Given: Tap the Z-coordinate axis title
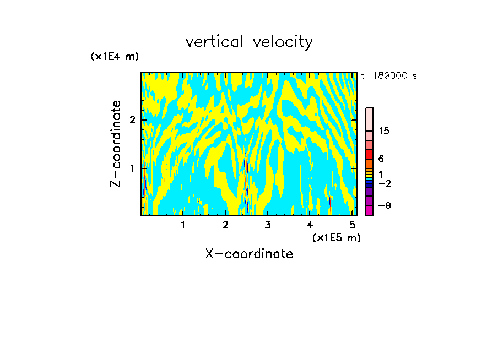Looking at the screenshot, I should [x=116, y=144].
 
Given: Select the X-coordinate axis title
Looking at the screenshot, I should [x=249, y=254].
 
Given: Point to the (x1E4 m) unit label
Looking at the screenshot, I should [x=115, y=57].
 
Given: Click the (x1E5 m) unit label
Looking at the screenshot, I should [x=336, y=237].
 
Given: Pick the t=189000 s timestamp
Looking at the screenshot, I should [x=388, y=75].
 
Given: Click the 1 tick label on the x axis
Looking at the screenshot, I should [x=183, y=225].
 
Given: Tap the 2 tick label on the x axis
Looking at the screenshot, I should [x=225, y=225].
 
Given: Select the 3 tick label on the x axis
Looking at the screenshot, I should [x=268, y=225].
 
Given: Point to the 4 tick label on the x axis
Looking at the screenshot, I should [x=310, y=225].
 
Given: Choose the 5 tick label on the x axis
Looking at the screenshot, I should [x=352, y=225].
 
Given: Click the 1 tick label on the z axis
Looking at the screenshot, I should [x=132, y=167].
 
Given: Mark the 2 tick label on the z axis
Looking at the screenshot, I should [x=132, y=119].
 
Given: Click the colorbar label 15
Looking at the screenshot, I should [x=384, y=131].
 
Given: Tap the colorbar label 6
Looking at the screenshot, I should [x=381, y=159].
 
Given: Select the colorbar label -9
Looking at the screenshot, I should [x=384, y=205].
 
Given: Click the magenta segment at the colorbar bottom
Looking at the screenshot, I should [x=369, y=210].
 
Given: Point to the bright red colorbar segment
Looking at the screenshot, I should [x=369, y=154].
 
